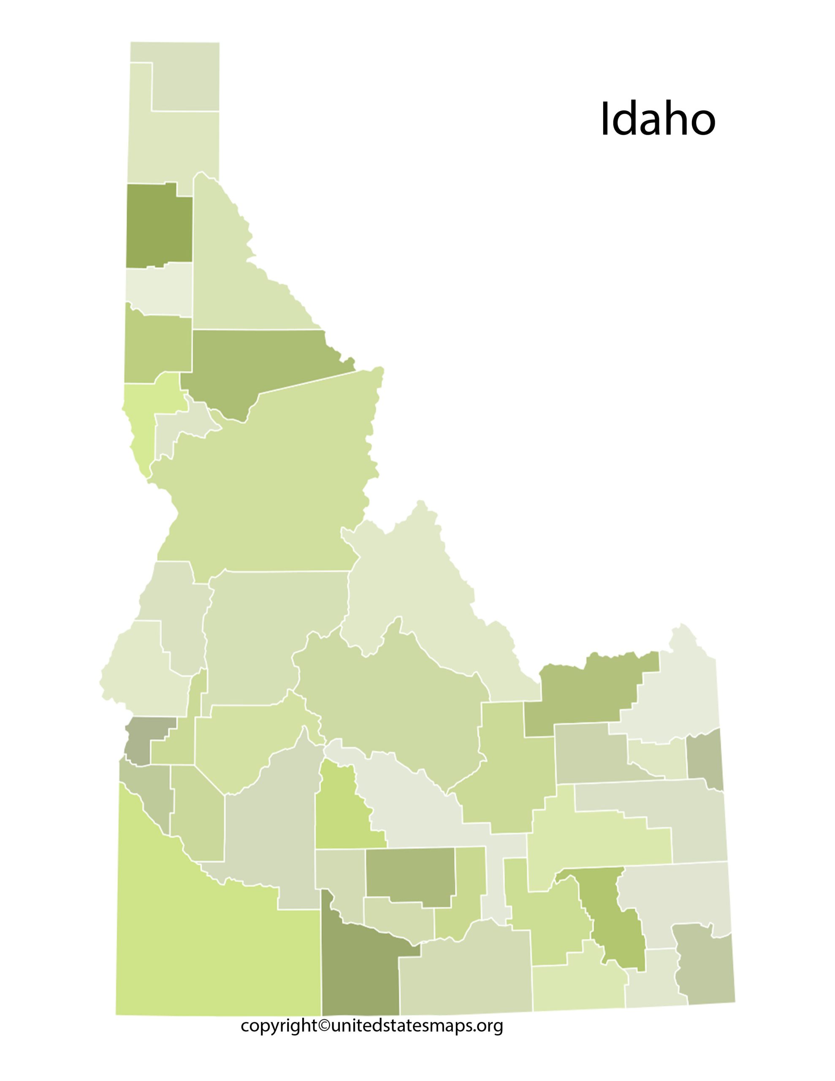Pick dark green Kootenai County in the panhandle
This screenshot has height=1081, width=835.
(x=158, y=225)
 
